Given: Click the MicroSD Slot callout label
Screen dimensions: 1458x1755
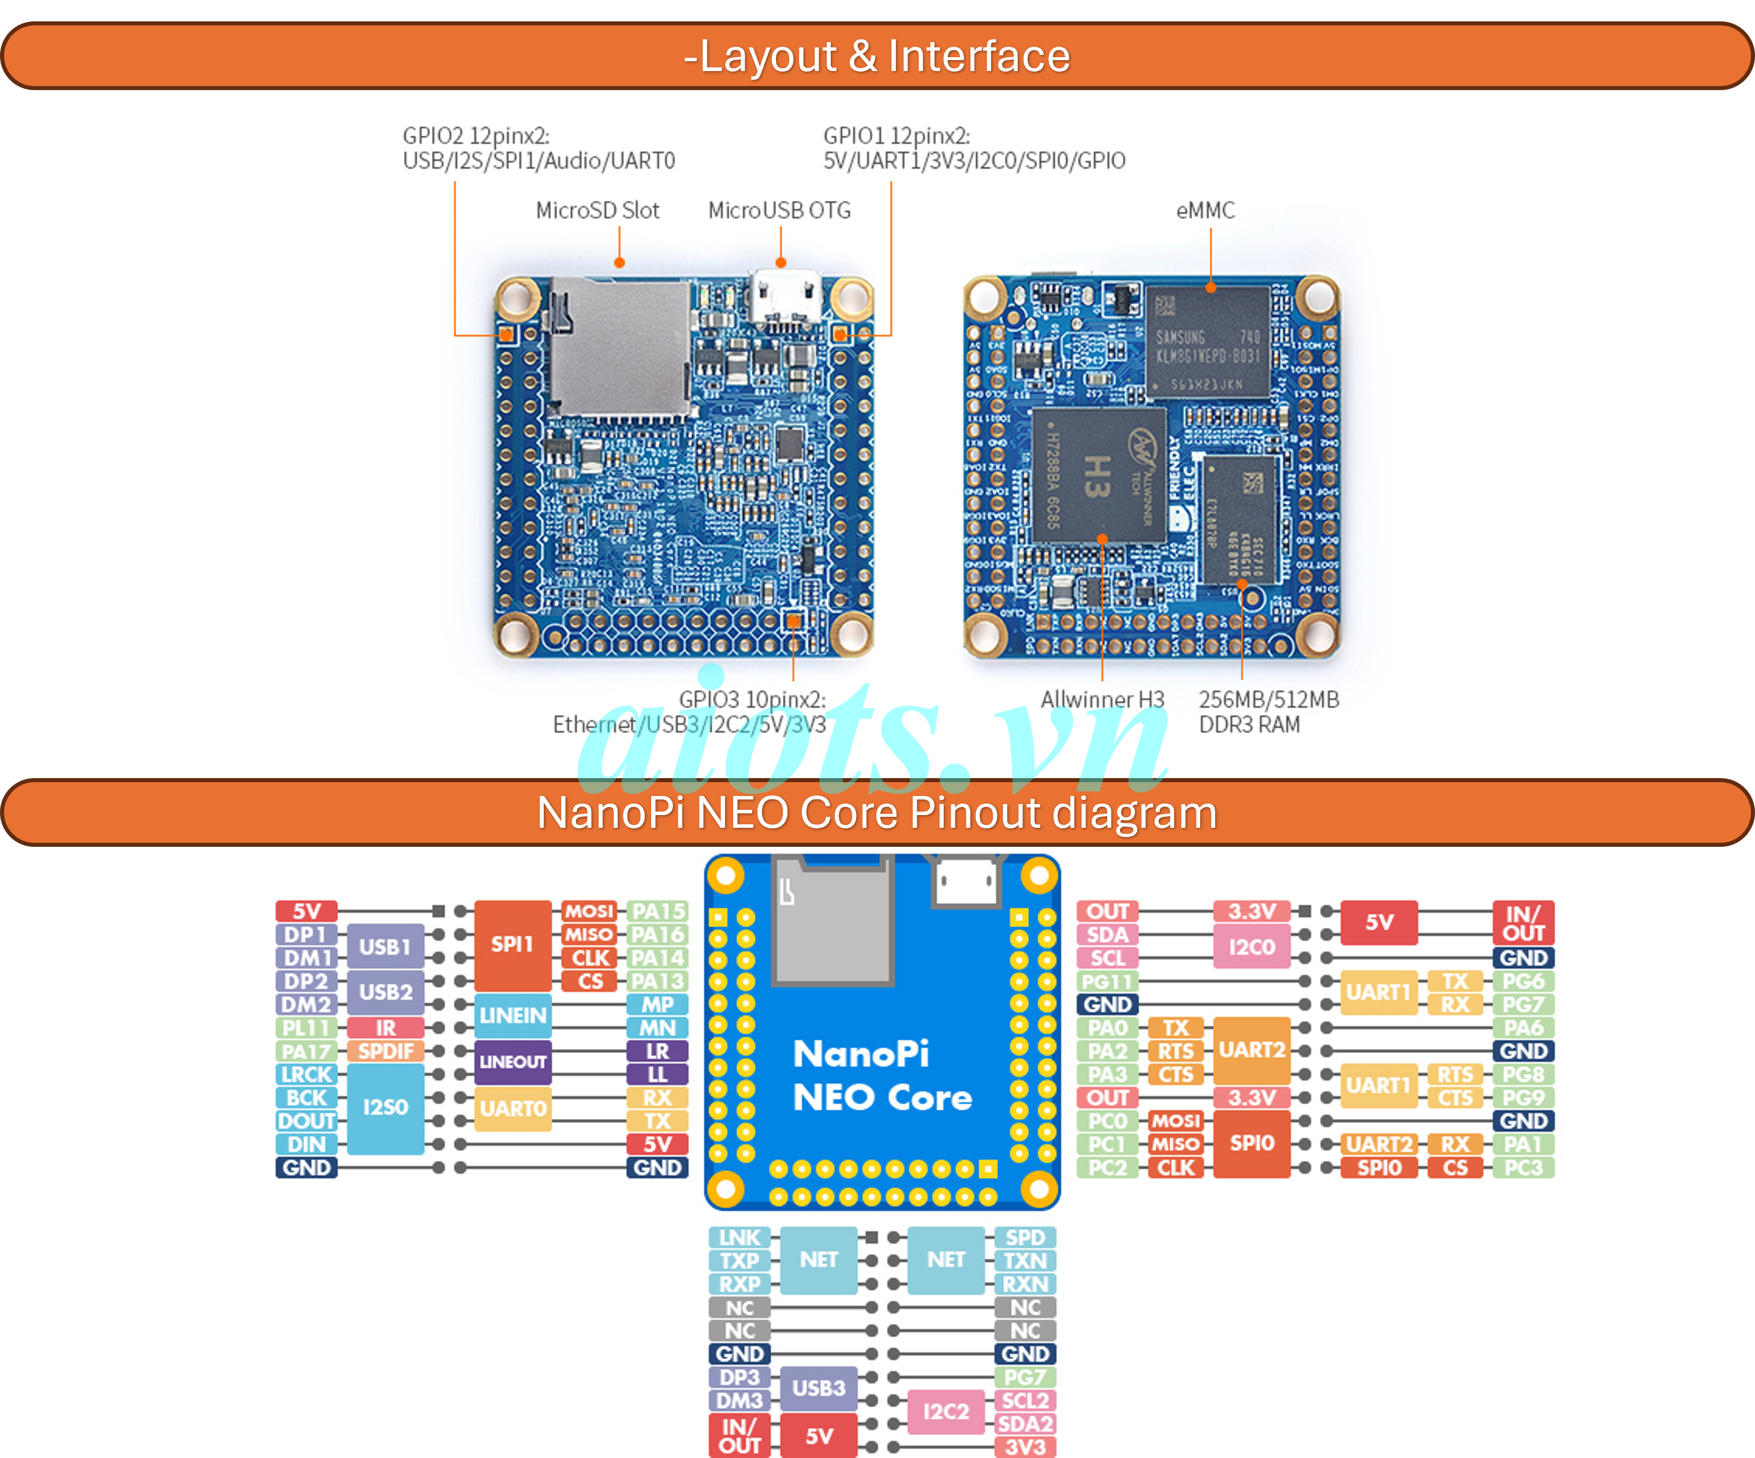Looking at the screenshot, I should point(597,211).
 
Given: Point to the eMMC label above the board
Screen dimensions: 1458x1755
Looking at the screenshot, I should point(1205,211).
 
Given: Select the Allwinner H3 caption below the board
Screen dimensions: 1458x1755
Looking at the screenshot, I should point(1101,700).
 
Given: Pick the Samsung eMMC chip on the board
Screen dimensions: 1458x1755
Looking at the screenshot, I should point(1208,343).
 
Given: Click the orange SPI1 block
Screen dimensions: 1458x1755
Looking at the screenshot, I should point(512,944).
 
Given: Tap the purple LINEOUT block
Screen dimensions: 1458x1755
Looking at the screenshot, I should point(512,1062).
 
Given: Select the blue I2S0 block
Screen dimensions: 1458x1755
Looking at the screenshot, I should point(385,1108).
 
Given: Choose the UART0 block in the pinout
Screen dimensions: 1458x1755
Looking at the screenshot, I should point(512,1109).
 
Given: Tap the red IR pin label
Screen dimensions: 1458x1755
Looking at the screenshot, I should point(385,1028).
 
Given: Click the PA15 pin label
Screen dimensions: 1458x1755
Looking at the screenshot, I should point(657,912).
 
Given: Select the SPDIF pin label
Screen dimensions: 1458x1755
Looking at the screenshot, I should point(385,1051).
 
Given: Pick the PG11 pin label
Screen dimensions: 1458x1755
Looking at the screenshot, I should point(1107,981).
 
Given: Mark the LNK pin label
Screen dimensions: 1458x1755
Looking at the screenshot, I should point(740,1237).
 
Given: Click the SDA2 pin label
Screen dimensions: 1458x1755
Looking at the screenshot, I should point(1025,1424).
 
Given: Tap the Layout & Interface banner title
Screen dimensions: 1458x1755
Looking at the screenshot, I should point(877,56).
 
